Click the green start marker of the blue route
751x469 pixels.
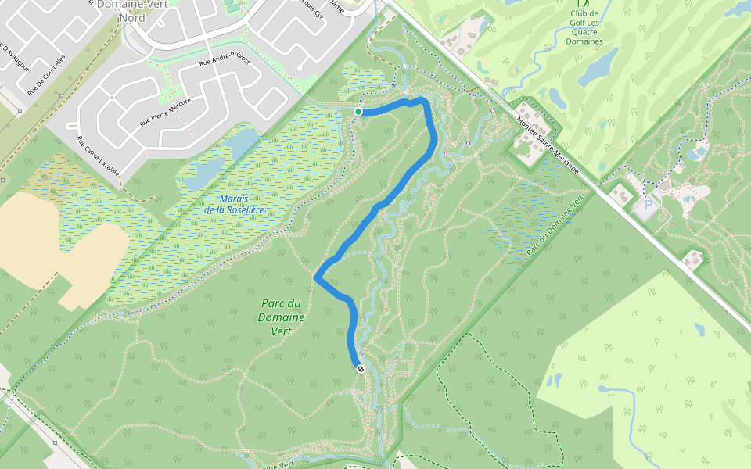click(x=358, y=112)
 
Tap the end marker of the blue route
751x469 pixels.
click(x=361, y=368)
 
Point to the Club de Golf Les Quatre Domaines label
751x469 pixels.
click(x=584, y=27)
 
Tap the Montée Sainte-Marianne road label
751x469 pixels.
click(x=548, y=145)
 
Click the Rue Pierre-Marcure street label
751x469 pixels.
click(x=165, y=111)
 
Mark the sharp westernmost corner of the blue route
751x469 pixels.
click(x=315, y=277)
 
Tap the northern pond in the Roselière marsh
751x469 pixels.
click(x=244, y=141)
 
